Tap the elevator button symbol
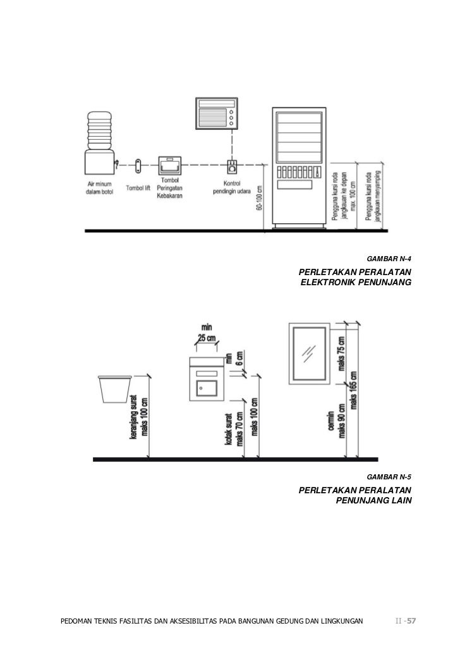coord(138,166)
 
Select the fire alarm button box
coord(169,166)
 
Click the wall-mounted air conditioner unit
coord(217,113)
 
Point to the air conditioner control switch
coord(232,167)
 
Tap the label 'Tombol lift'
coord(138,188)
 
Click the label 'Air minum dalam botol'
coord(100,188)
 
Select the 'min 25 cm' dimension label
coord(206,333)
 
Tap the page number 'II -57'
coord(405,620)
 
